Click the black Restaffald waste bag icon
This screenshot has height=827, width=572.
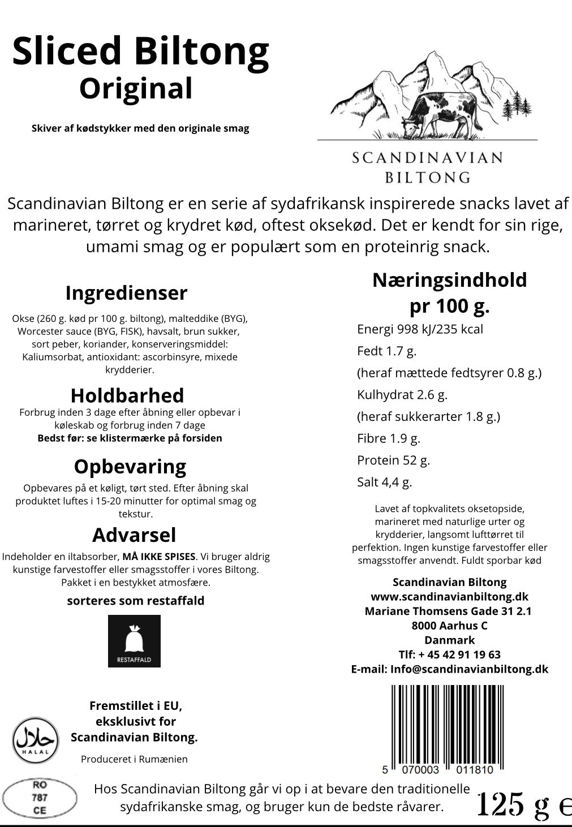pyautogui.click(x=134, y=641)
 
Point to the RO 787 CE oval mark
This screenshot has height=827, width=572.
pyautogui.click(x=40, y=798)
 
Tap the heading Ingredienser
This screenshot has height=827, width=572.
pyautogui.click(x=126, y=293)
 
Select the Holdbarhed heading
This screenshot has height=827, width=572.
pyautogui.click(x=127, y=395)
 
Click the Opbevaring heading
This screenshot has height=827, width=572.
pyautogui.click(x=130, y=467)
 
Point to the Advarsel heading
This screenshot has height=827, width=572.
pyautogui.click(x=134, y=535)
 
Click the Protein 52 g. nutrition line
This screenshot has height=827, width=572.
pyautogui.click(x=393, y=460)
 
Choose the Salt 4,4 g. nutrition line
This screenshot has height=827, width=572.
pyautogui.click(x=384, y=483)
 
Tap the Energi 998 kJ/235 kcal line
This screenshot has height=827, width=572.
pyautogui.click(x=420, y=329)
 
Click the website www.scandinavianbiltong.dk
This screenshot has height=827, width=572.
pyautogui.click(x=449, y=597)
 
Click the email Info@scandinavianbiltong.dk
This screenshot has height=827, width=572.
pyautogui.click(x=469, y=669)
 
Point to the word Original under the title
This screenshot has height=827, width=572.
pyautogui.click(x=136, y=89)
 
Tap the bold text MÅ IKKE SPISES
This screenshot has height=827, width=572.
pyautogui.click(x=159, y=557)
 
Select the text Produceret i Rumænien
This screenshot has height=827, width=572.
pyautogui.click(x=134, y=759)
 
